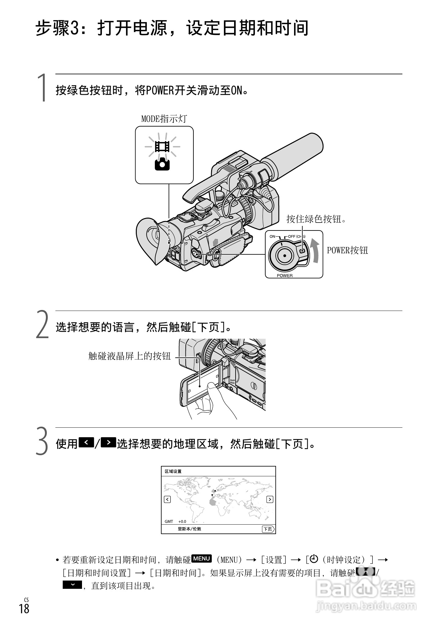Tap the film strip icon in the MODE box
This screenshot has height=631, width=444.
tap(162, 146)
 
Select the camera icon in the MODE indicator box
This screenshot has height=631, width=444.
tap(162, 165)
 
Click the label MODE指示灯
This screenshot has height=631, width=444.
tap(164, 119)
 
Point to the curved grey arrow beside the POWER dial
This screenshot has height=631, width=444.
tap(315, 250)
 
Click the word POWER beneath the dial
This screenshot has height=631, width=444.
tap(285, 275)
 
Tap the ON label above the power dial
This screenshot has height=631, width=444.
tap(272, 236)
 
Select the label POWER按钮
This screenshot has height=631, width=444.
tap(347, 250)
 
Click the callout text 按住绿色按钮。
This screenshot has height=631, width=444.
tap(316, 219)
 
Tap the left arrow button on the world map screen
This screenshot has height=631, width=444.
tap(167, 499)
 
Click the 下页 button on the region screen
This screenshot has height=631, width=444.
tap(268, 529)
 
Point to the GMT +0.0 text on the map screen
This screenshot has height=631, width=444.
tap(175, 521)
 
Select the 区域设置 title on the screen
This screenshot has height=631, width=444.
tap(173, 471)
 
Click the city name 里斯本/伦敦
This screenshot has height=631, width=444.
tap(189, 529)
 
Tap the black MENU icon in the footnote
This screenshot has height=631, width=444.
tap(201, 559)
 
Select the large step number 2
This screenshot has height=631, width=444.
tap(43, 324)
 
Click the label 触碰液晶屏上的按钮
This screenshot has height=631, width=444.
tap(129, 356)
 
